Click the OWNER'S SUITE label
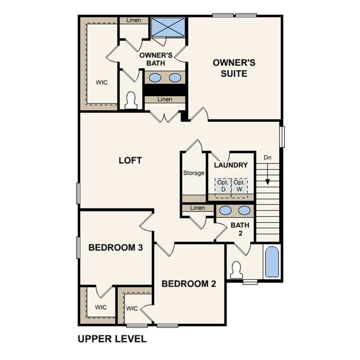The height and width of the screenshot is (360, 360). coord(234,68)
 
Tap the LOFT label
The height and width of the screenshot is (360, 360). coord(130,160)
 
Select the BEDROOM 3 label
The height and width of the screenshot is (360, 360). coord(112,247)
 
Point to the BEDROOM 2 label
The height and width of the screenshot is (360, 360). coord(188,284)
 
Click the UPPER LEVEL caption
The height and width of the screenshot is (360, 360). coord(112,339)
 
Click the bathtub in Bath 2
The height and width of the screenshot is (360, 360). coord(272,262)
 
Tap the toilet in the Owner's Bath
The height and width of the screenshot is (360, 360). coord(131,100)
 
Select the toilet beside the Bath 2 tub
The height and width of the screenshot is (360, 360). coord(236,270)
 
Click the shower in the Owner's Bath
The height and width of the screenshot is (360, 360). coord(168,27)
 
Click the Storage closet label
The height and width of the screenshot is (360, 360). coord(193,173)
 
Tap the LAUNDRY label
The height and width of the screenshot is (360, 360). coord(230,165)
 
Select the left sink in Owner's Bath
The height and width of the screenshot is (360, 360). coord(155,77)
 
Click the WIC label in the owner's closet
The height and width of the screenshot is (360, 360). coord(102,82)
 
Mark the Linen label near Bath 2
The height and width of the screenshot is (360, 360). coord(197,208)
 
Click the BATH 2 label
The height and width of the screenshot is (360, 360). coord(240,229)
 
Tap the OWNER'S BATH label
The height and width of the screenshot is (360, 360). coord(156,59)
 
